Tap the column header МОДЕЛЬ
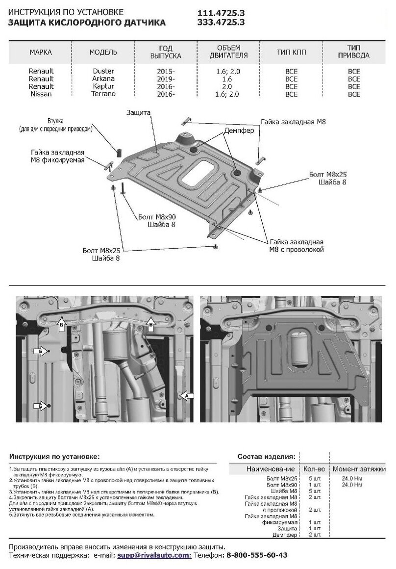pyautogui.click(x=103, y=52)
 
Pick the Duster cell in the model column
pyautogui.click(x=103, y=71)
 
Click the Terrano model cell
pyautogui.click(x=103, y=94)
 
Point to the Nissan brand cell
pyautogui.click(x=41, y=94)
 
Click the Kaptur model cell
pyautogui.click(x=103, y=86)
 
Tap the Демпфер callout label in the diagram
pyautogui.click(x=239, y=131)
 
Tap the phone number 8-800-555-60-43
pyautogui.click(x=256, y=555)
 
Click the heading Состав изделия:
pyautogui.click(x=266, y=456)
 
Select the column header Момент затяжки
pyautogui.click(x=358, y=469)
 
